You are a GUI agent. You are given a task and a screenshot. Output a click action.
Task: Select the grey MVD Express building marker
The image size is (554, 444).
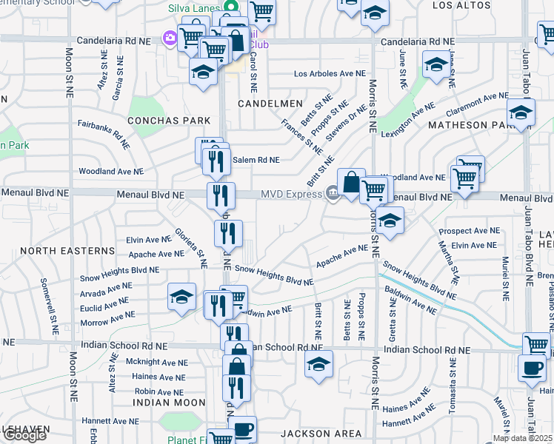333,194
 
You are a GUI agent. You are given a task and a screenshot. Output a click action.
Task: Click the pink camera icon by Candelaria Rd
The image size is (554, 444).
170,37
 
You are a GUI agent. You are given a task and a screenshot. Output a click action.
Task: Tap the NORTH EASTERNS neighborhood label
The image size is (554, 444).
67,251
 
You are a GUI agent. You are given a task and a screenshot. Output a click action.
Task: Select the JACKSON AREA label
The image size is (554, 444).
321,433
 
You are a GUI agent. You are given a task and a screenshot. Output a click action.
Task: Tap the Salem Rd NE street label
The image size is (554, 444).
256,160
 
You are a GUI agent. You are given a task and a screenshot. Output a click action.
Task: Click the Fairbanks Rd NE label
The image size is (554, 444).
104,133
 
